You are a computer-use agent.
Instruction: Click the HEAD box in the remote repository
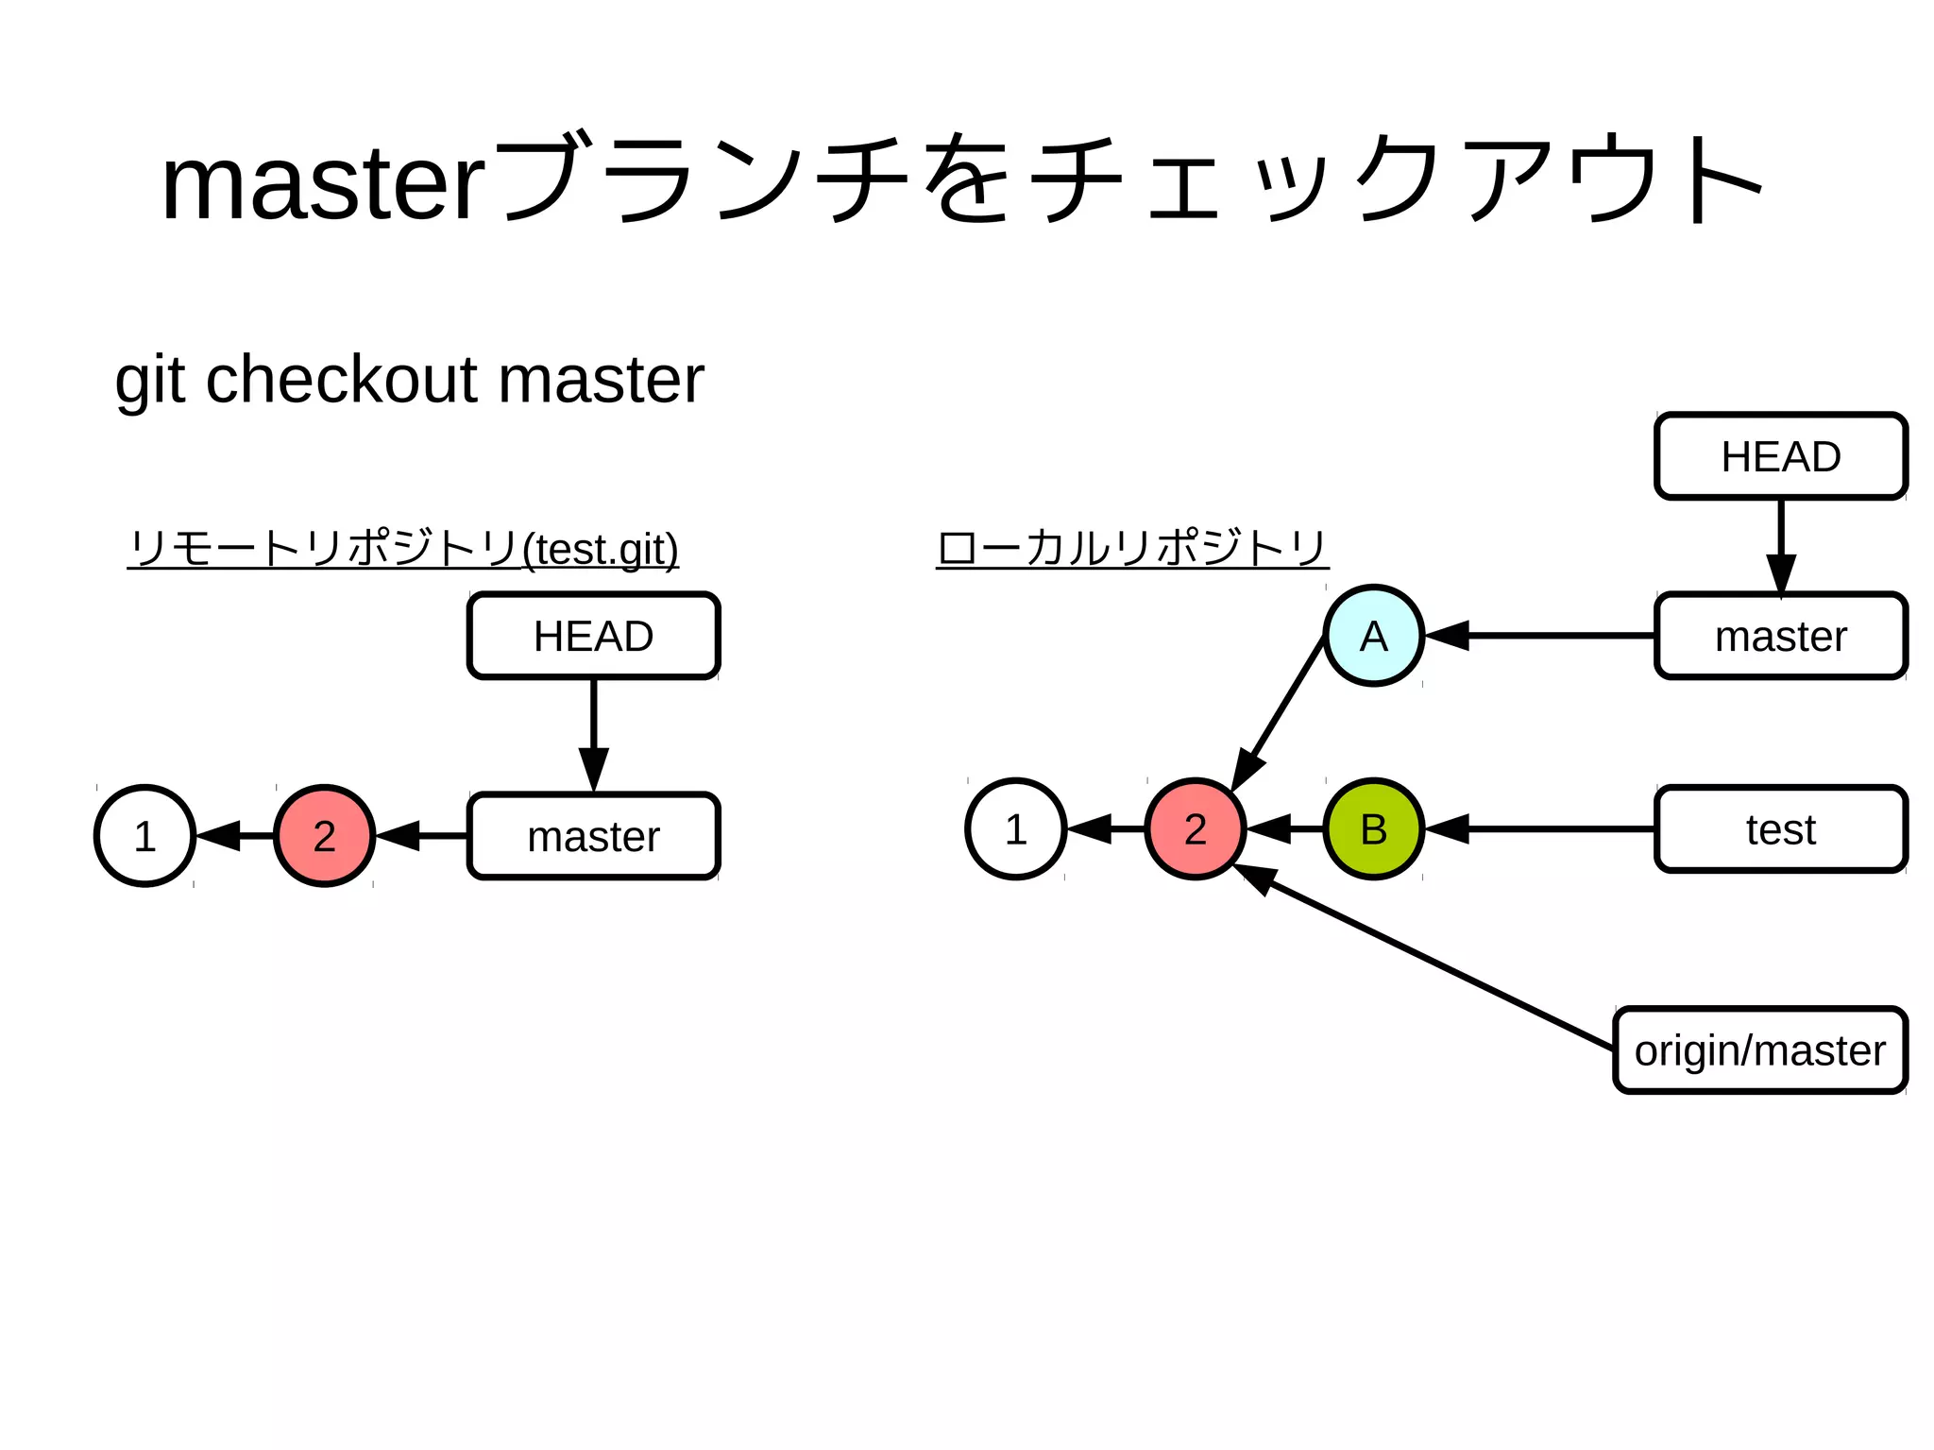(593, 636)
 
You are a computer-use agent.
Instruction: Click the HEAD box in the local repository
(1780, 456)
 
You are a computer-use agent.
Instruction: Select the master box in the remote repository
(593, 836)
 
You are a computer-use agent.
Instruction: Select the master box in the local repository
(1780, 636)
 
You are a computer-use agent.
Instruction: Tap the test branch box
(1780, 829)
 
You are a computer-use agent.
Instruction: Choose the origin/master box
(1759, 1050)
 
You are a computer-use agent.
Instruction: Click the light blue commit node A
(1373, 636)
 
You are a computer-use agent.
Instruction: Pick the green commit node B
(1373, 829)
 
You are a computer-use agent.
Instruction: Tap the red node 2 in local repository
(1195, 829)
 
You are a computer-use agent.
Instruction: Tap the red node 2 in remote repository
(324, 836)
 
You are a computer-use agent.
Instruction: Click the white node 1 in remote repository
(144, 836)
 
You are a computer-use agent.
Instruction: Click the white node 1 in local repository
(1015, 829)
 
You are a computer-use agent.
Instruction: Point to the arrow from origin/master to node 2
(1426, 957)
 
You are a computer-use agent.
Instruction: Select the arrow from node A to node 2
(1280, 713)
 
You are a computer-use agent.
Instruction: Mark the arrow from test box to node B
(1539, 829)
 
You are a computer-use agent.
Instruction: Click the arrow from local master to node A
(1539, 636)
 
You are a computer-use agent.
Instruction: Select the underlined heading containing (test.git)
(403, 549)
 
